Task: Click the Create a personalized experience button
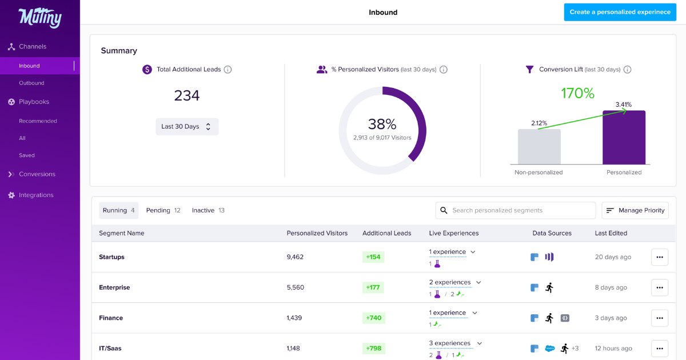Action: coord(620,12)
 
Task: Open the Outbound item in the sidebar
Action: coord(31,83)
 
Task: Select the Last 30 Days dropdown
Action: coord(187,127)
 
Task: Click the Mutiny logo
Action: coord(39,18)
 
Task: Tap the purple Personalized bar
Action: coord(624,138)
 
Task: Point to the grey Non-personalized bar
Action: coord(539,147)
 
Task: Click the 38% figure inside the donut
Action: coord(382,124)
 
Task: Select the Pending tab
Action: coord(163,210)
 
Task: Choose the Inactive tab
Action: coord(208,210)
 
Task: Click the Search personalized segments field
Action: coord(516,210)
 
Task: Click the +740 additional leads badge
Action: coord(373,318)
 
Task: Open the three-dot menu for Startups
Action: coord(659,257)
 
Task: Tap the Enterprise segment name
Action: coord(114,287)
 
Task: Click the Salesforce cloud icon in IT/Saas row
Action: coord(550,349)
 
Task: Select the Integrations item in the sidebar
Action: coord(36,195)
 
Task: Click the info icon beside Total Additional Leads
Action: coord(228,70)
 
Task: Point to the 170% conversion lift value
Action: coord(577,93)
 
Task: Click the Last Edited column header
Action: coord(611,233)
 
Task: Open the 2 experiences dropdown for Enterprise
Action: coord(455,282)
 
